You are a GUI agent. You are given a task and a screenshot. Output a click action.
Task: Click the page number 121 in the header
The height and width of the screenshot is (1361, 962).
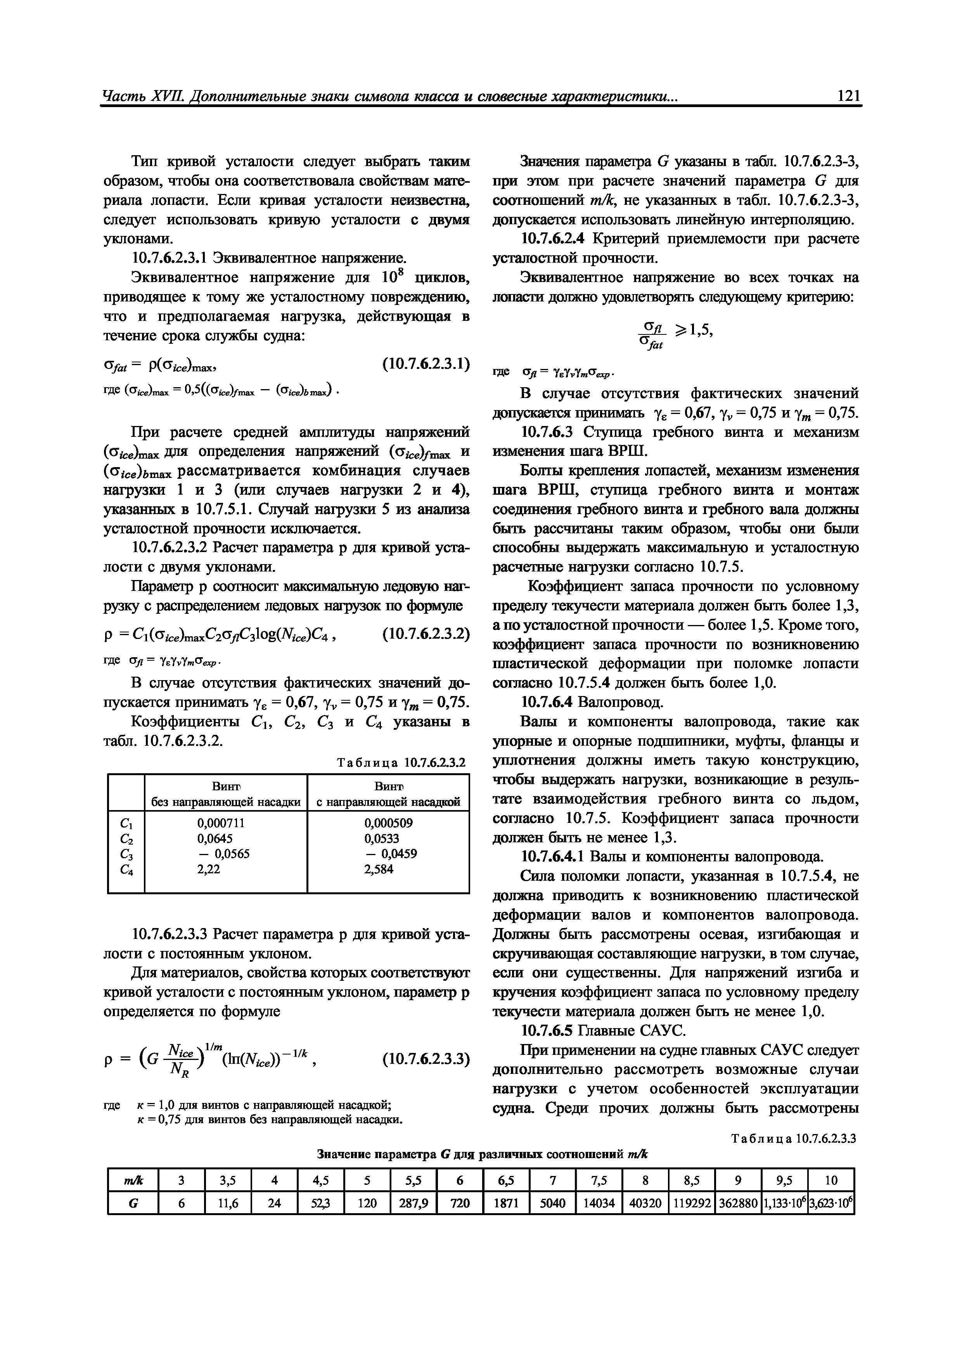(x=848, y=96)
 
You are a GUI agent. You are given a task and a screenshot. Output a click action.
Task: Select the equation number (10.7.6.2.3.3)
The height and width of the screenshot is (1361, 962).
(x=426, y=1058)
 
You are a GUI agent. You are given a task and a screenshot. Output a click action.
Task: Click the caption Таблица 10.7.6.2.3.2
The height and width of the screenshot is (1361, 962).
(x=401, y=763)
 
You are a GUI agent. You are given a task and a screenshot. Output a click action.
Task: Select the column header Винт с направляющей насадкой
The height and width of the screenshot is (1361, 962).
(x=388, y=794)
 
